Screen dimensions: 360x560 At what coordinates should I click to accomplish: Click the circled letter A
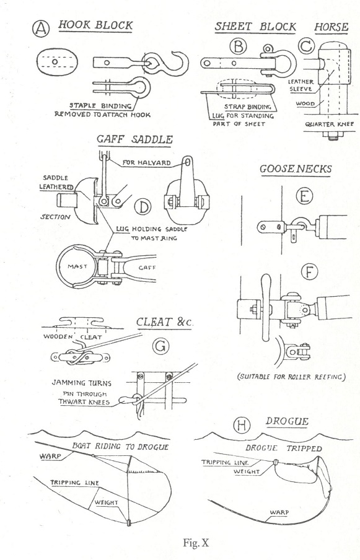pos(41,28)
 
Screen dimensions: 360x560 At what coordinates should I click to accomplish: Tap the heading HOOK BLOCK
pos(95,25)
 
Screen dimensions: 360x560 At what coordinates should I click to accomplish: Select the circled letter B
pos(238,46)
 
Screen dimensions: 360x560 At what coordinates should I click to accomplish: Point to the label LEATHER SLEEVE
pos(301,85)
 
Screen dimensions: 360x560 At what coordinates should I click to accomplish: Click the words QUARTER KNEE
pos(329,124)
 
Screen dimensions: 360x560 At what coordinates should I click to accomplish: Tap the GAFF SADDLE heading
pos(135,139)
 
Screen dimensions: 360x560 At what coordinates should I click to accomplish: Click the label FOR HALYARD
pos(146,162)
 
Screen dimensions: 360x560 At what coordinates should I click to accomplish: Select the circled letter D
pos(143,207)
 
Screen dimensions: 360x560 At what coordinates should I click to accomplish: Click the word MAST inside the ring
pos(77,266)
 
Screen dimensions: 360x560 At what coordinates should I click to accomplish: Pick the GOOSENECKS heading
pos(296,168)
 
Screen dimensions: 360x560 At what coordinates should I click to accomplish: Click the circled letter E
pos(304,195)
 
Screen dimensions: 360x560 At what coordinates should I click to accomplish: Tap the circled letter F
pos(309,272)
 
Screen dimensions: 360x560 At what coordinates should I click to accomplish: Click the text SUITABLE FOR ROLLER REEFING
pos(292,377)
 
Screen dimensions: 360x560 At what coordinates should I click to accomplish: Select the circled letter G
pos(160,346)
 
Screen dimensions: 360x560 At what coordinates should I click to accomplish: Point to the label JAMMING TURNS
pos(81,383)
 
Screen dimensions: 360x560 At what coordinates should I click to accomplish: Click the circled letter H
pos(242,425)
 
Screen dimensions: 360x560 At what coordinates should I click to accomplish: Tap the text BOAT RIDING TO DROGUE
pos(120,446)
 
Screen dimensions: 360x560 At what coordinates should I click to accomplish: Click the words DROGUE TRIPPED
pos(284,448)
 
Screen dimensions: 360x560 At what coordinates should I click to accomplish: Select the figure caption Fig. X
pos(196,543)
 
